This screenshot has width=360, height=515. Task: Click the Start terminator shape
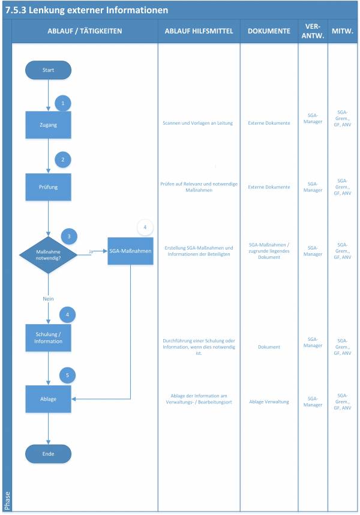pos(48,70)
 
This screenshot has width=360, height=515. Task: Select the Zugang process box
pos(48,125)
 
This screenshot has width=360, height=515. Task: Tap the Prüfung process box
pos(48,187)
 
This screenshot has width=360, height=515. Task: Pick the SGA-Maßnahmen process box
pos(130,250)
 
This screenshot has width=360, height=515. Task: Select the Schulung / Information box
pos(48,337)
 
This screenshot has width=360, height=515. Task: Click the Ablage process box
pos(48,399)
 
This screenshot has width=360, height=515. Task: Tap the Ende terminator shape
pos(48,454)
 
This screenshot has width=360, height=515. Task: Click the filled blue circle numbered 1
pos(63,103)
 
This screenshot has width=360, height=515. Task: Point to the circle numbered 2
pos(63,160)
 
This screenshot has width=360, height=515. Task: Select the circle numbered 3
pos(69,236)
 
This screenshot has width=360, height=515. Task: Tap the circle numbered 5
pos(68,376)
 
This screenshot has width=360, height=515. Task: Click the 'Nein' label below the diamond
pos(49,298)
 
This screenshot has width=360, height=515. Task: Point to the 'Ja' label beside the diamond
pos(91,251)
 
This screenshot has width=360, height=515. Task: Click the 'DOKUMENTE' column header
pos(269,31)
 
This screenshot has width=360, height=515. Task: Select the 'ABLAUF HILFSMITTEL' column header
pos(199,31)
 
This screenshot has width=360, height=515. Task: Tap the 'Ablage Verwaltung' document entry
pos(269,402)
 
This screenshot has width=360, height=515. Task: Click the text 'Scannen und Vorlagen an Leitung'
pos(199,123)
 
